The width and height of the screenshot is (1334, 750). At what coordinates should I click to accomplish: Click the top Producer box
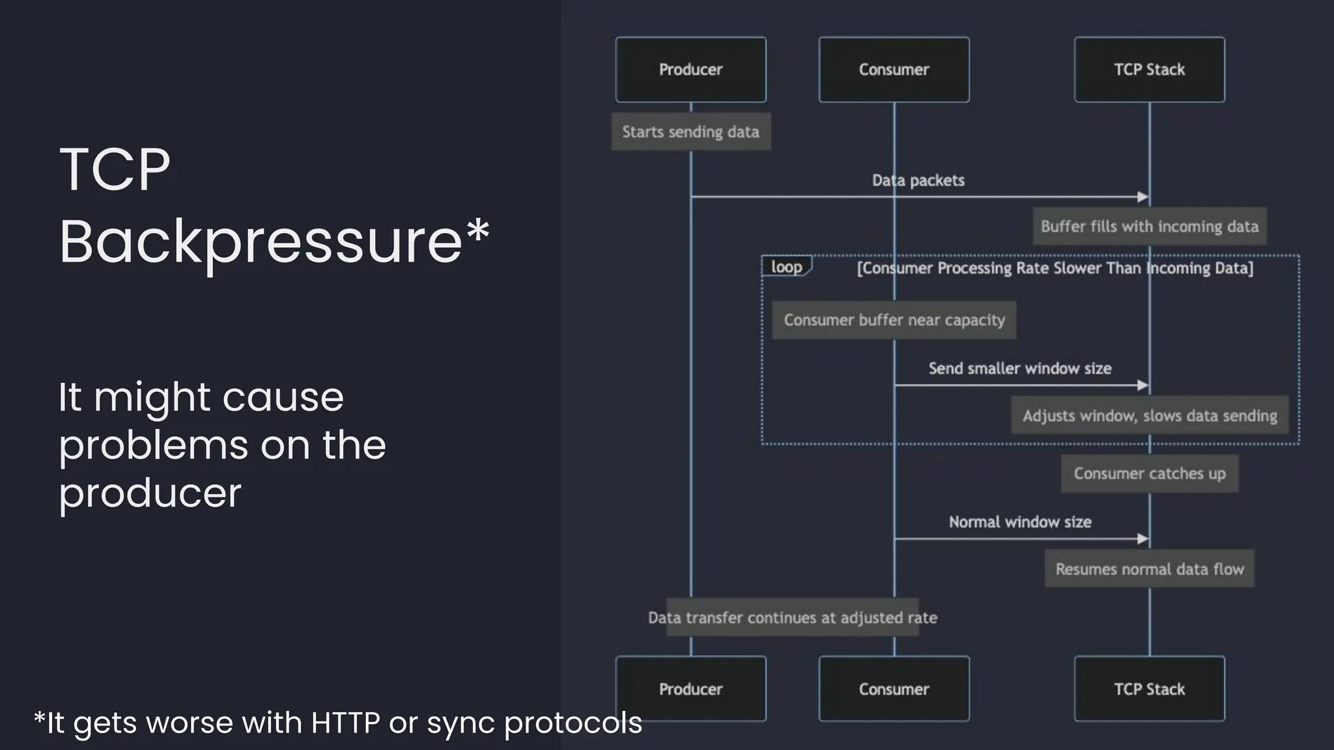pyautogui.click(x=690, y=70)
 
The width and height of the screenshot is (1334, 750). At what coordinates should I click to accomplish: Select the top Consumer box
pyautogui.click(x=894, y=70)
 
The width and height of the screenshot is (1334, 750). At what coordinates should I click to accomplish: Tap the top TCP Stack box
pyautogui.click(x=1149, y=70)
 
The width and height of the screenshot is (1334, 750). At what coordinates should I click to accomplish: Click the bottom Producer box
pyautogui.click(x=690, y=689)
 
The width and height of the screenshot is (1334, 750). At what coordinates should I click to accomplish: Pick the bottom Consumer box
pyautogui.click(x=894, y=689)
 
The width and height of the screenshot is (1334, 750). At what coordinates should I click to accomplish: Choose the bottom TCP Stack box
pyautogui.click(x=1149, y=689)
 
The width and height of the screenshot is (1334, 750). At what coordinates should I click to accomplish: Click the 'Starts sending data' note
pyautogui.click(x=690, y=132)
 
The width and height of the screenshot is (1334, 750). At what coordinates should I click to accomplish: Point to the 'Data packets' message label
pyautogui.click(x=918, y=180)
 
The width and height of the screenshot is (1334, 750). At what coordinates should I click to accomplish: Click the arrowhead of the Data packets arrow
pyautogui.click(x=1143, y=197)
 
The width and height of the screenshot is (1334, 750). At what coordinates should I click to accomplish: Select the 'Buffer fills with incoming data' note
pyautogui.click(x=1149, y=227)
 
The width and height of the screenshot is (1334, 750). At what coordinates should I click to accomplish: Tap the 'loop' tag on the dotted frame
pyautogui.click(x=786, y=267)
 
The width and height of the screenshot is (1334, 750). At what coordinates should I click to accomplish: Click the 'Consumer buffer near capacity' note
pyautogui.click(x=894, y=320)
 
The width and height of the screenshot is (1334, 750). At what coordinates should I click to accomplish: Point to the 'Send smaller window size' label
pyautogui.click(x=1019, y=368)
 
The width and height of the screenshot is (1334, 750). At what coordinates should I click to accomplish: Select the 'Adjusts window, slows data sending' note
pyautogui.click(x=1149, y=415)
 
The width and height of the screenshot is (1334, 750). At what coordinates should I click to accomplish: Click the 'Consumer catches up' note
pyautogui.click(x=1149, y=473)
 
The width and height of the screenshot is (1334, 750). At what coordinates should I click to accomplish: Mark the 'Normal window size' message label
pyautogui.click(x=1019, y=522)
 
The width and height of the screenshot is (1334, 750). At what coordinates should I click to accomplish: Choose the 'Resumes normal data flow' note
pyautogui.click(x=1149, y=569)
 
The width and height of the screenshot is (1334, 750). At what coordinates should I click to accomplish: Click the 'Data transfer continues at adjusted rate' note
pyautogui.click(x=792, y=617)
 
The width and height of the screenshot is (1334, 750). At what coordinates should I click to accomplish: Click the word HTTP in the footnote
pyautogui.click(x=345, y=723)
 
